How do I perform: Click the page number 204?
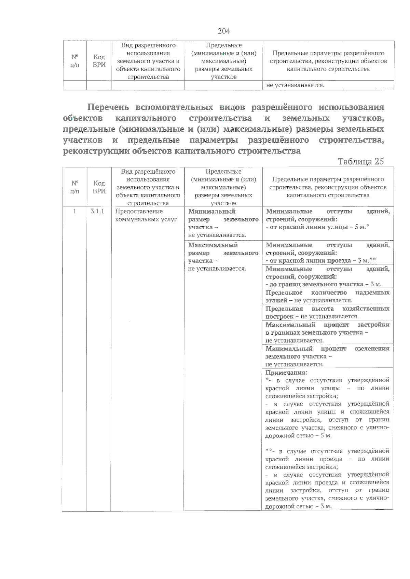[x=224, y=31]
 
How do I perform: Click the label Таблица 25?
[x=360, y=161]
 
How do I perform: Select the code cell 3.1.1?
[x=98, y=212]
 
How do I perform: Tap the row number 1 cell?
[x=74, y=212]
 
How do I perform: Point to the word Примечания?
[x=286, y=373]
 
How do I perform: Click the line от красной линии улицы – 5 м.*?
[x=318, y=227]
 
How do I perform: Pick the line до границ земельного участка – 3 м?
[x=323, y=284]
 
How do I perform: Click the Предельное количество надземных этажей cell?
[x=327, y=296]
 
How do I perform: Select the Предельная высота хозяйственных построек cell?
[x=327, y=313]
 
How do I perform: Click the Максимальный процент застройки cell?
[x=327, y=332]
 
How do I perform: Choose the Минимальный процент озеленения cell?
[x=327, y=356]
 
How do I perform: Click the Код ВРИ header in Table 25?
[x=99, y=187]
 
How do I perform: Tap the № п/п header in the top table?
[x=75, y=61]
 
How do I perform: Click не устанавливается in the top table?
[x=295, y=85]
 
